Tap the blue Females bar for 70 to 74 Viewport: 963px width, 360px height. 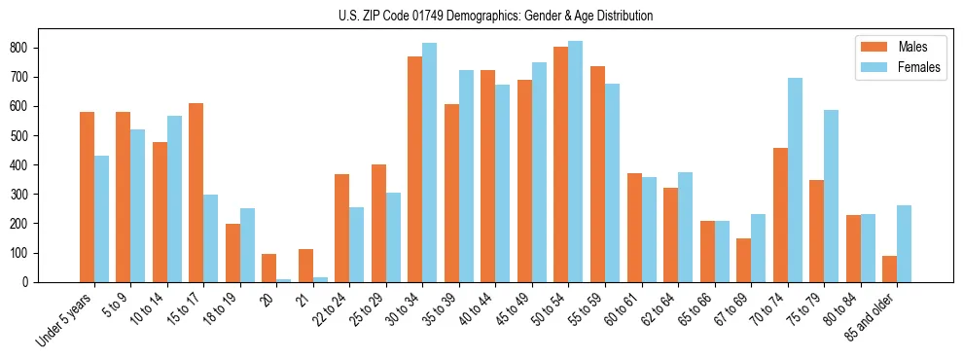coord(795,180)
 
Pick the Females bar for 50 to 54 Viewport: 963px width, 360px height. coord(576,162)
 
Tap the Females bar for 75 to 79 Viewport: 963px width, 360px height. coord(831,196)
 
